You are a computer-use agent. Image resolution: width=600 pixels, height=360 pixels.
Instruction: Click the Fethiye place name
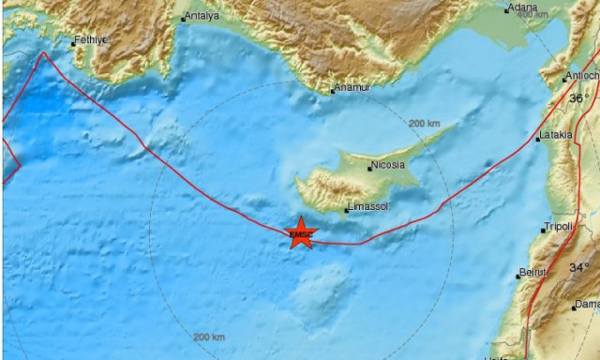(x=92, y=39)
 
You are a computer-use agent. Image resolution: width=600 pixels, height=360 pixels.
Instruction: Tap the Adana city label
(x=521, y=8)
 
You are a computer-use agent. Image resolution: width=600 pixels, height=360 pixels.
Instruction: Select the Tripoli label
(x=559, y=228)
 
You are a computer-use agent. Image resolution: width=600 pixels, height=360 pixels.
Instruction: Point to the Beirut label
(x=532, y=273)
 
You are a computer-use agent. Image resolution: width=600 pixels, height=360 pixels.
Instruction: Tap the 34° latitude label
(x=580, y=267)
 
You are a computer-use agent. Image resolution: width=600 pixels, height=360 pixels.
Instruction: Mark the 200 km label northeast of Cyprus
(x=425, y=124)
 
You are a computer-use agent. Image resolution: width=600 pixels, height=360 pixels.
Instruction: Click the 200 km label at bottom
(x=209, y=337)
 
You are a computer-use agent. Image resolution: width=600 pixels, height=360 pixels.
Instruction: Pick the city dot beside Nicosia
(x=369, y=168)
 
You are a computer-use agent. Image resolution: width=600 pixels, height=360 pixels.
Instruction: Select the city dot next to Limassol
(x=347, y=211)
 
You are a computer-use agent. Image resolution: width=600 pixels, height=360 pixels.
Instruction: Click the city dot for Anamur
(x=333, y=90)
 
